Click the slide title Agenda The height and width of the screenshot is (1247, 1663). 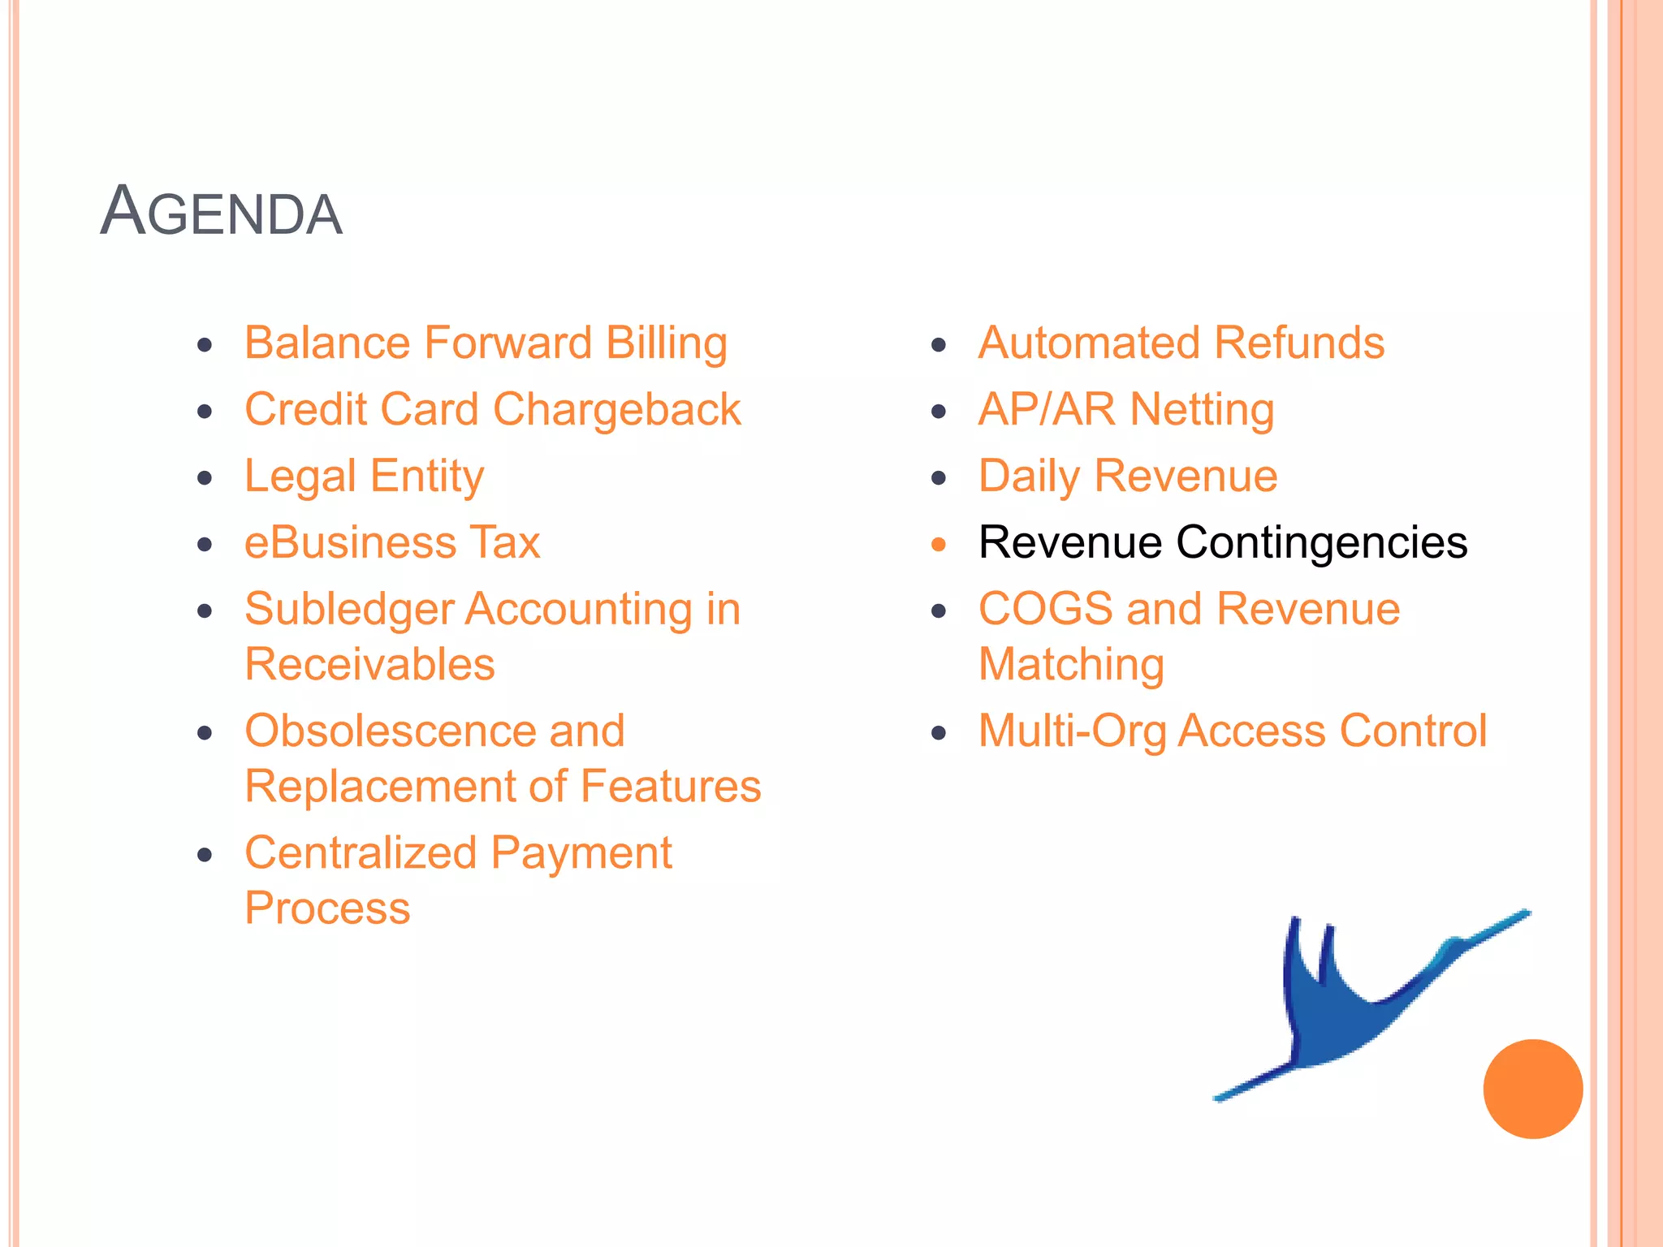(x=221, y=213)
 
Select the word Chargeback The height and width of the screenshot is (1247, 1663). (x=617, y=410)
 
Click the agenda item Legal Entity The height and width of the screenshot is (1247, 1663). (x=365, y=477)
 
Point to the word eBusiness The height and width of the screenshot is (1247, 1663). (x=350, y=542)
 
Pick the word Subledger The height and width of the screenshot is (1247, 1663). (x=349, y=611)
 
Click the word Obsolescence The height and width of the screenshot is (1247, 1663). (x=390, y=731)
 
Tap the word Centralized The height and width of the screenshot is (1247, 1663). (x=361, y=853)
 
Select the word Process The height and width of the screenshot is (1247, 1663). (x=327, y=908)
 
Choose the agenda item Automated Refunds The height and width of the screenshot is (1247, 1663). (x=1181, y=343)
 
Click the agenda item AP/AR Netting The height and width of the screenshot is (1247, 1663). (x=1126, y=410)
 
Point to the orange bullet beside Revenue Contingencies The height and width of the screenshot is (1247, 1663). (x=939, y=545)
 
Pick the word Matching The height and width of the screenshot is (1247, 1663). (x=1071, y=665)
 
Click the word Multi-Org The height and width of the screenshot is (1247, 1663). (x=1071, y=731)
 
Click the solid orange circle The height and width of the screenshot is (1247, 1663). (x=1532, y=1089)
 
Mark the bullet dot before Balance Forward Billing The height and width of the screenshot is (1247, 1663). (x=205, y=345)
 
